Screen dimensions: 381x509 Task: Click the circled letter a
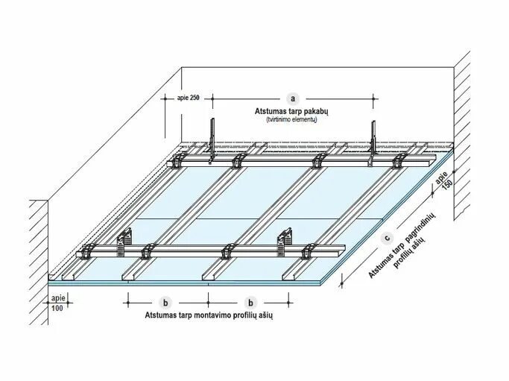(293, 98)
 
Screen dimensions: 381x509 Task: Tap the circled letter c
(387, 238)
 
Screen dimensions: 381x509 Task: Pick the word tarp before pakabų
(295, 110)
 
